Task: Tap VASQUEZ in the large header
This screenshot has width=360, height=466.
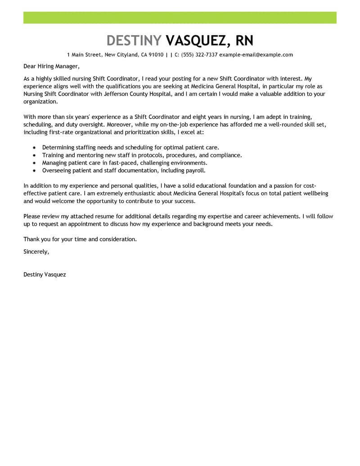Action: (196, 41)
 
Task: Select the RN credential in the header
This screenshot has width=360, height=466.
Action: (243, 41)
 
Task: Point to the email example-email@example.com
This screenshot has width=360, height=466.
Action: (256, 55)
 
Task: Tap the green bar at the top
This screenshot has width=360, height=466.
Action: (180, 18)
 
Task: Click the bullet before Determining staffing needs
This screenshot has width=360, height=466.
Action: (35, 148)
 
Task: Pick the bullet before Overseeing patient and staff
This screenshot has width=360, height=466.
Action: (35, 171)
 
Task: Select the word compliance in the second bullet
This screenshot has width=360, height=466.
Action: (226, 155)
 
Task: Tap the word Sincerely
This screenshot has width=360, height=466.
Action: (36, 252)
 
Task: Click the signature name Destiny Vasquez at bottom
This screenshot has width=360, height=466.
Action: (45, 274)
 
